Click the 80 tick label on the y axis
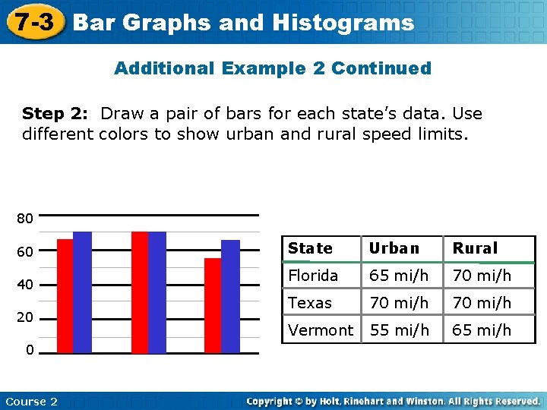click(25, 219)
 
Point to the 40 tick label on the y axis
click(25, 285)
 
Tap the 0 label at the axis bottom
click(28, 351)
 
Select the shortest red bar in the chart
click(212, 305)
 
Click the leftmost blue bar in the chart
click(82, 292)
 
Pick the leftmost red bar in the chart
click(65, 296)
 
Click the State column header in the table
click(310, 248)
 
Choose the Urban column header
click(394, 248)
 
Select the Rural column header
click(475, 248)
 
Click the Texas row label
click(310, 303)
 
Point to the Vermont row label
click(321, 330)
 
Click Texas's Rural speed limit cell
click(482, 303)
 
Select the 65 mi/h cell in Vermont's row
click(482, 330)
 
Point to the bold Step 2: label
click(55, 114)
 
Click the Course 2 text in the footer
click(31, 401)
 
